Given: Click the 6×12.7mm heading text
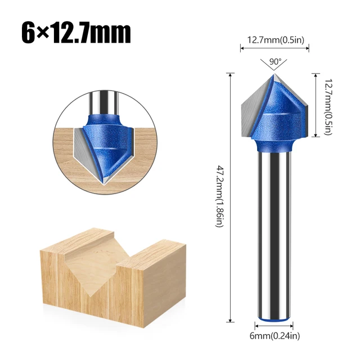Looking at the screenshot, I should (x=76, y=32).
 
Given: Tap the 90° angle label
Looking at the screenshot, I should (x=275, y=61).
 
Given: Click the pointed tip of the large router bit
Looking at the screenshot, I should (x=274, y=76).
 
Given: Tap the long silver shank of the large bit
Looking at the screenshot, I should (x=274, y=236).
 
